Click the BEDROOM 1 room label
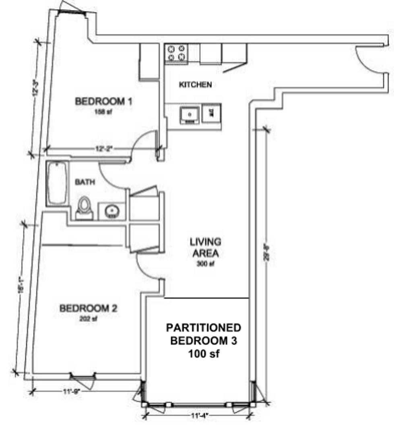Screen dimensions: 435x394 pos(103,101)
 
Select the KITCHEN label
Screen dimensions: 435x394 pos(195,85)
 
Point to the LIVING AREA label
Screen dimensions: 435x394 pos(205,247)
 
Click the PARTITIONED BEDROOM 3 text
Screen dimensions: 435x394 pos(204,334)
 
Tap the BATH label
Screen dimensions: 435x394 pos(85,182)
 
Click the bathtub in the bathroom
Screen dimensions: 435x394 pos(56,183)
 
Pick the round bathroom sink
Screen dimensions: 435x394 pos(111,211)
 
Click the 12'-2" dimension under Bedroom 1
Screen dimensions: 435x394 pos(101,149)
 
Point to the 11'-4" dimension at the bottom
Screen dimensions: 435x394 pos(198,414)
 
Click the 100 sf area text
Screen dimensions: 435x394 pos(204,354)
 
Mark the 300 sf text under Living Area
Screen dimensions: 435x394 pos(205,264)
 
